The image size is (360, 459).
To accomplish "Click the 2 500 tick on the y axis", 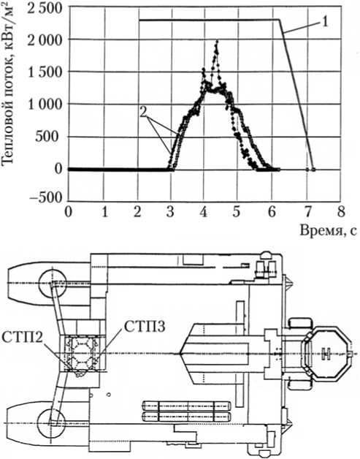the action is [45, 7].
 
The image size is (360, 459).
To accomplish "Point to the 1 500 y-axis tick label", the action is [45, 72].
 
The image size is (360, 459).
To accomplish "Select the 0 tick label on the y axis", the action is [59, 169].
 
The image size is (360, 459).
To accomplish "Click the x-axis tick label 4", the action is [204, 212].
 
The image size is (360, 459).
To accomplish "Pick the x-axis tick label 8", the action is [340, 212].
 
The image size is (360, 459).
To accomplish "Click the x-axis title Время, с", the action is [328, 231].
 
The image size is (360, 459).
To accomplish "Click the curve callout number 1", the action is [324, 22].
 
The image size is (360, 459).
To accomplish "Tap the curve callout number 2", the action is [143, 113].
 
